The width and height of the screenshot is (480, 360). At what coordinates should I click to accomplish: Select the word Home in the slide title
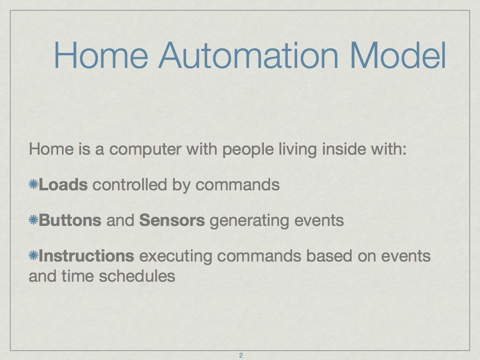coord(101,55)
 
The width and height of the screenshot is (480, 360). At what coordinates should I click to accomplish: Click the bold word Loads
coord(63,185)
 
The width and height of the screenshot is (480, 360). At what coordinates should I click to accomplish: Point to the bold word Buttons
coord(70,220)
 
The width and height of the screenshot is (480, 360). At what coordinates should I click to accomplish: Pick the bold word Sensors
coord(172,220)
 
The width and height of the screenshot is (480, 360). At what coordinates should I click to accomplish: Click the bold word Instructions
coord(86,255)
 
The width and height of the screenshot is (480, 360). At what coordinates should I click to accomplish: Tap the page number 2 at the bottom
coord(240,355)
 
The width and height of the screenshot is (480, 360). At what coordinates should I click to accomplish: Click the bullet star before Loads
coord(33,184)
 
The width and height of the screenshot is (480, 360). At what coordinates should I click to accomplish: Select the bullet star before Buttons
coord(33,220)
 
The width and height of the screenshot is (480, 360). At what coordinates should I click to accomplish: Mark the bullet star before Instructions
coord(33,255)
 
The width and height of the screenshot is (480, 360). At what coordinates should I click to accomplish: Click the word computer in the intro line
coord(145,150)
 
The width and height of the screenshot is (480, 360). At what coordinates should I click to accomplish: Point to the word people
coord(248,150)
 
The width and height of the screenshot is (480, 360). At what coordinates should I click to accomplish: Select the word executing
coord(176,256)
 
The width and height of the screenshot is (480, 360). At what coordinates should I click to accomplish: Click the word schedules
coord(137,276)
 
